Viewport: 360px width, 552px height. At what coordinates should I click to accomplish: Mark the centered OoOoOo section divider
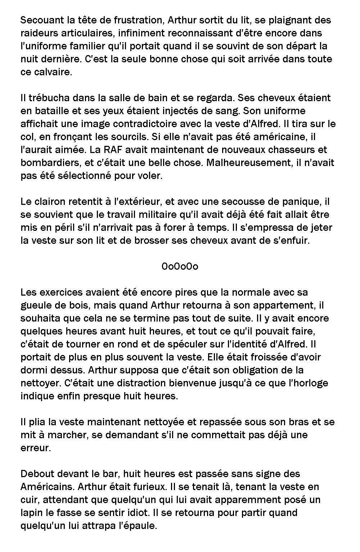click(180, 266)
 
